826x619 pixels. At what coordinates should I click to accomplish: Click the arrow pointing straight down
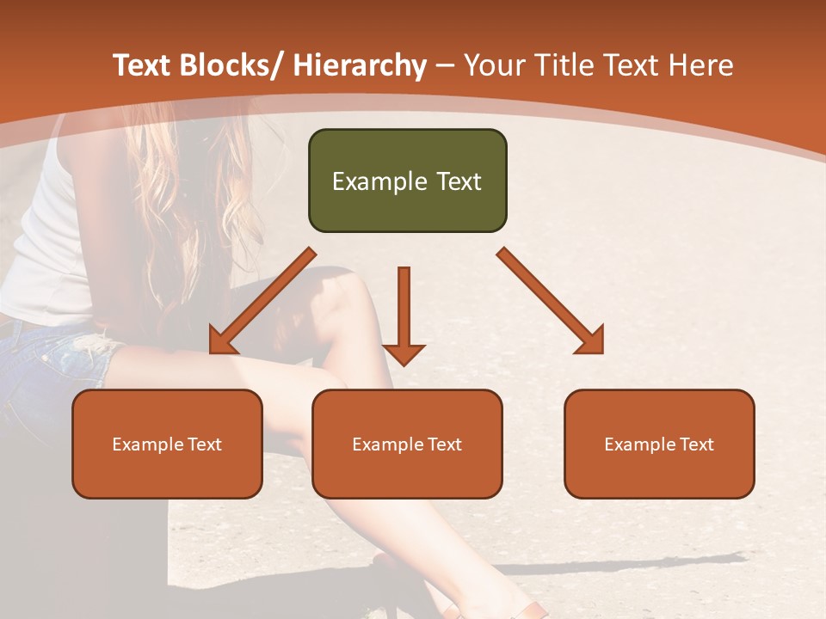click(x=404, y=318)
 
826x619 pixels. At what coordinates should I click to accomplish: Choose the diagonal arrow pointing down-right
click(x=551, y=301)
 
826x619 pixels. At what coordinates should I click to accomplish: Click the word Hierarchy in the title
click(x=359, y=65)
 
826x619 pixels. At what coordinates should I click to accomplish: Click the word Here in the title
click(x=700, y=65)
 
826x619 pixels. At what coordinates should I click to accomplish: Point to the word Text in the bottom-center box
click(x=444, y=444)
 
